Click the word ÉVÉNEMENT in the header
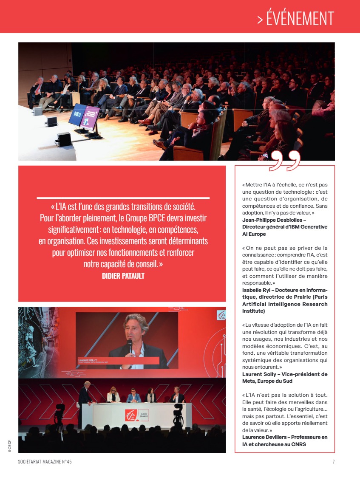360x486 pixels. (x=300, y=19)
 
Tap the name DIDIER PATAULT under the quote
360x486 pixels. (x=123, y=276)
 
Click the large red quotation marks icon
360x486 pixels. (x=285, y=161)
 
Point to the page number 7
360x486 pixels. (x=333, y=462)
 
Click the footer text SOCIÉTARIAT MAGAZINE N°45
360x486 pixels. (x=45, y=462)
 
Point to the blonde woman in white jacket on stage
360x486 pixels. (x=113, y=395)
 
